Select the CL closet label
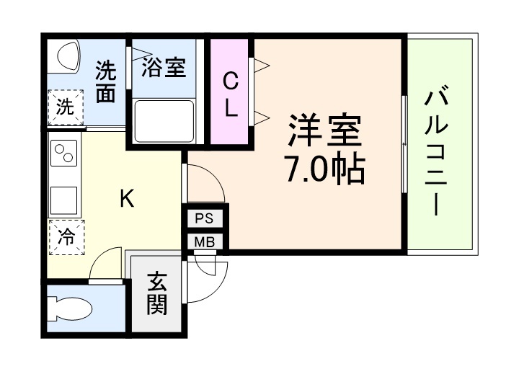230,92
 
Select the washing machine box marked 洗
66,108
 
